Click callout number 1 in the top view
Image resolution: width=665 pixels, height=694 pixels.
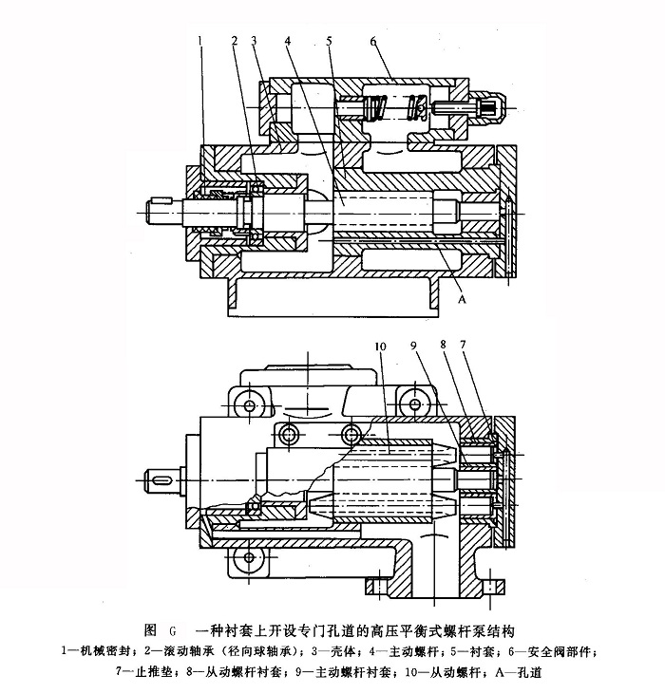[200, 39]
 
